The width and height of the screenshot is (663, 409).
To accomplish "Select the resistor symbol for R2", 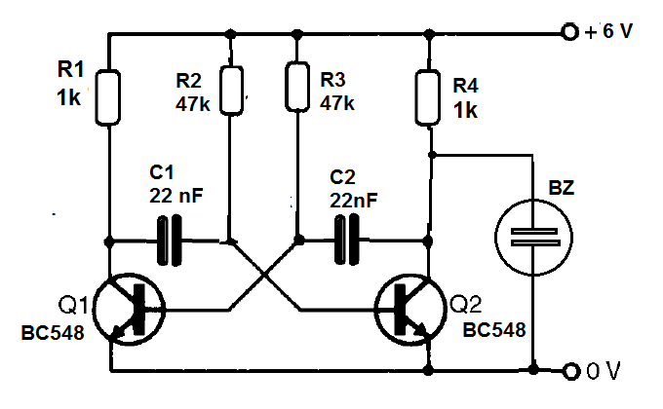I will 231,89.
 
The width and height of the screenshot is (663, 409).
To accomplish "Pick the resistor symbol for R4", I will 427,98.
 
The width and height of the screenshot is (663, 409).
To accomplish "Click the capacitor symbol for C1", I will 169,240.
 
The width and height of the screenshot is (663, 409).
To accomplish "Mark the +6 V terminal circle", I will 569,32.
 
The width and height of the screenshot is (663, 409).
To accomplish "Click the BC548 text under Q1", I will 52,333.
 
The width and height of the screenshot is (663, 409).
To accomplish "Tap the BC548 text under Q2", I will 494,331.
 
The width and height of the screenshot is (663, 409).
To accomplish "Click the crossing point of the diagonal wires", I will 264,275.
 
